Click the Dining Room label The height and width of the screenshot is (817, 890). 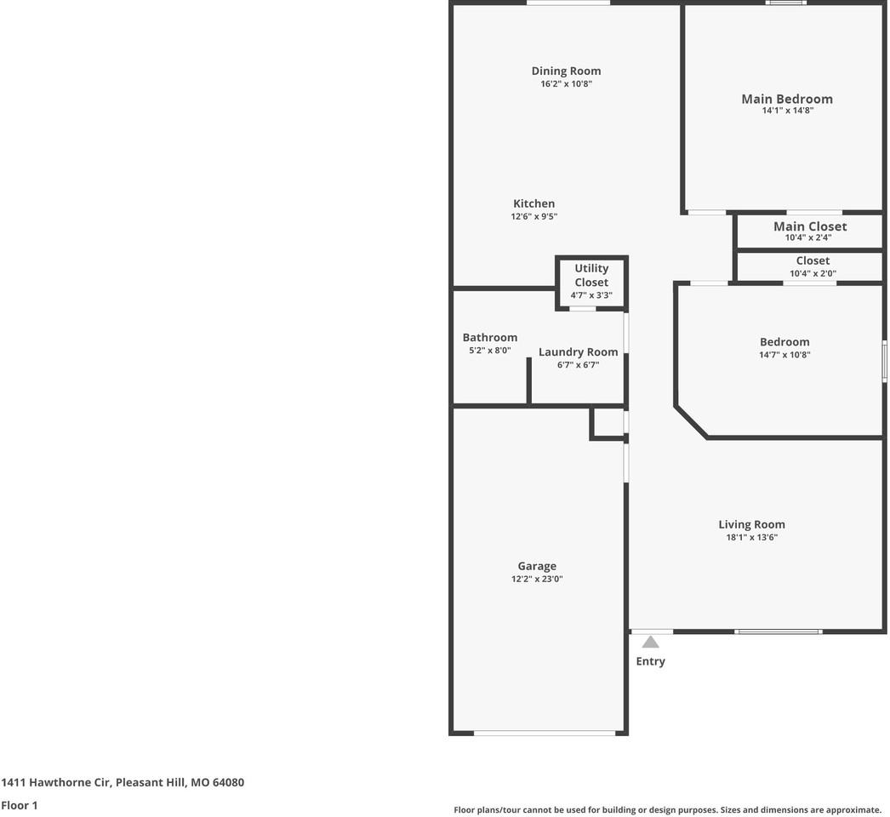[566, 71]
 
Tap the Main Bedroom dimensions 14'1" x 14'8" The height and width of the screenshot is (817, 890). [787, 111]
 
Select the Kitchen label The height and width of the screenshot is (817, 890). [533, 204]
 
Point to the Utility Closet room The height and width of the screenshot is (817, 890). [591, 282]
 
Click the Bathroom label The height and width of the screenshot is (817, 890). [489, 338]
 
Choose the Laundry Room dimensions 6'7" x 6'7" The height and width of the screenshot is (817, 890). [578, 365]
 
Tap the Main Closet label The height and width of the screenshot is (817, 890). [809, 226]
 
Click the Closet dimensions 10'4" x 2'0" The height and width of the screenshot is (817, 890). [813, 274]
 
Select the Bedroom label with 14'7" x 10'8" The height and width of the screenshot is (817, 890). [784, 342]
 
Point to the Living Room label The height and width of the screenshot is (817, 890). [751, 525]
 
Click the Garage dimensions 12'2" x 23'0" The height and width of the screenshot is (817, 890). [537, 580]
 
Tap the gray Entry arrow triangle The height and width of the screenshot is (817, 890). [650, 643]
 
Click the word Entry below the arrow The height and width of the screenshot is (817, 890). [650, 661]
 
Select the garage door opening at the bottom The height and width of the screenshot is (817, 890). [545, 733]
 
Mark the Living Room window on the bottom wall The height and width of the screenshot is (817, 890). [778, 631]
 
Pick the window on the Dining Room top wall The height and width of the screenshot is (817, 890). [568, 3]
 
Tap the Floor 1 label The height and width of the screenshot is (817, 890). [20, 805]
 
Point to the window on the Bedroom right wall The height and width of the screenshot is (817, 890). [884, 361]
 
